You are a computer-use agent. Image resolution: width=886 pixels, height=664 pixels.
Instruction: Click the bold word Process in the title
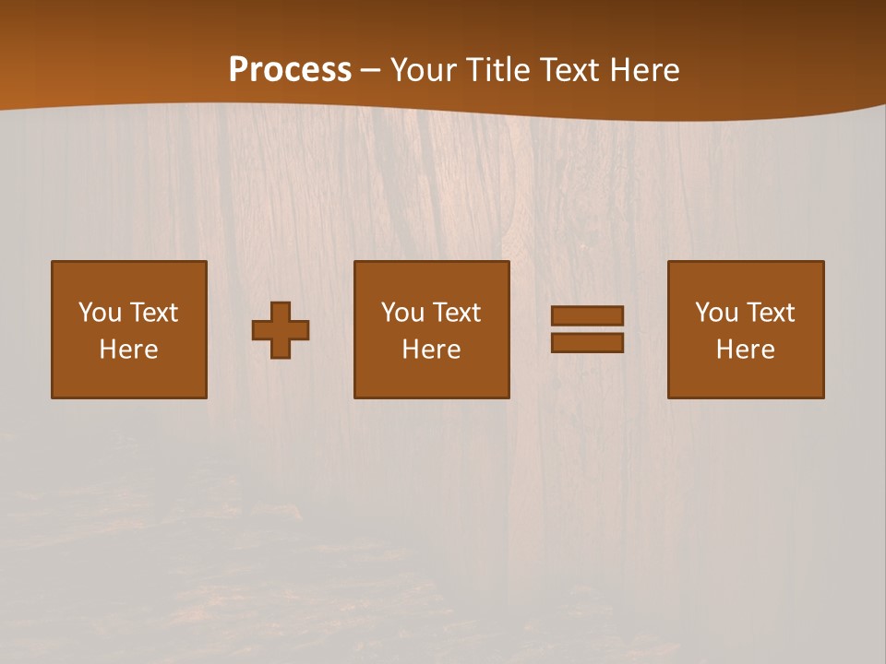tap(290, 70)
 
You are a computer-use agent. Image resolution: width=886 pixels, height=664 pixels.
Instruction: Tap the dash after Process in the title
tap(370, 70)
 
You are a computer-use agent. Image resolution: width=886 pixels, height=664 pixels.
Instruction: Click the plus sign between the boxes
tap(281, 330)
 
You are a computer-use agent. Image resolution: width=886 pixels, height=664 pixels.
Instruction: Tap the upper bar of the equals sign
tap(587, 315)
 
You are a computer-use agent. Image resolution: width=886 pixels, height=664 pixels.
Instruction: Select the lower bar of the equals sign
tap(587, 342)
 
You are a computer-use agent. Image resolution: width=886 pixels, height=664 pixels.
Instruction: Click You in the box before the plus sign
tap(100, 313)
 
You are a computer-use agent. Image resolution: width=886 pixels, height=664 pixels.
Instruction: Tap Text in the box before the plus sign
tap(152, 313)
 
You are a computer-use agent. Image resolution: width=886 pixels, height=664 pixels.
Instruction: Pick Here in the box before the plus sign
tap(129, 350)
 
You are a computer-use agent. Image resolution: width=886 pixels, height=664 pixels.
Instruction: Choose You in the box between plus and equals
tap(402, 313)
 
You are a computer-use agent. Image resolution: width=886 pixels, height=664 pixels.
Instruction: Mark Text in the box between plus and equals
tap(455, 313)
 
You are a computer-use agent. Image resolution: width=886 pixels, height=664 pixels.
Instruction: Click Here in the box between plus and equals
tap(432, 350)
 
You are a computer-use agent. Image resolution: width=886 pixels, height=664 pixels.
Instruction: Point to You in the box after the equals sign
tap(716, 313)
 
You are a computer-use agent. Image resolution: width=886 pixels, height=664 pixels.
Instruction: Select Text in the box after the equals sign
tap(769, 313)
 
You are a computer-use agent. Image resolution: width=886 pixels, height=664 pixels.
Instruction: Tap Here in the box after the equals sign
tap(746, 350)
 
